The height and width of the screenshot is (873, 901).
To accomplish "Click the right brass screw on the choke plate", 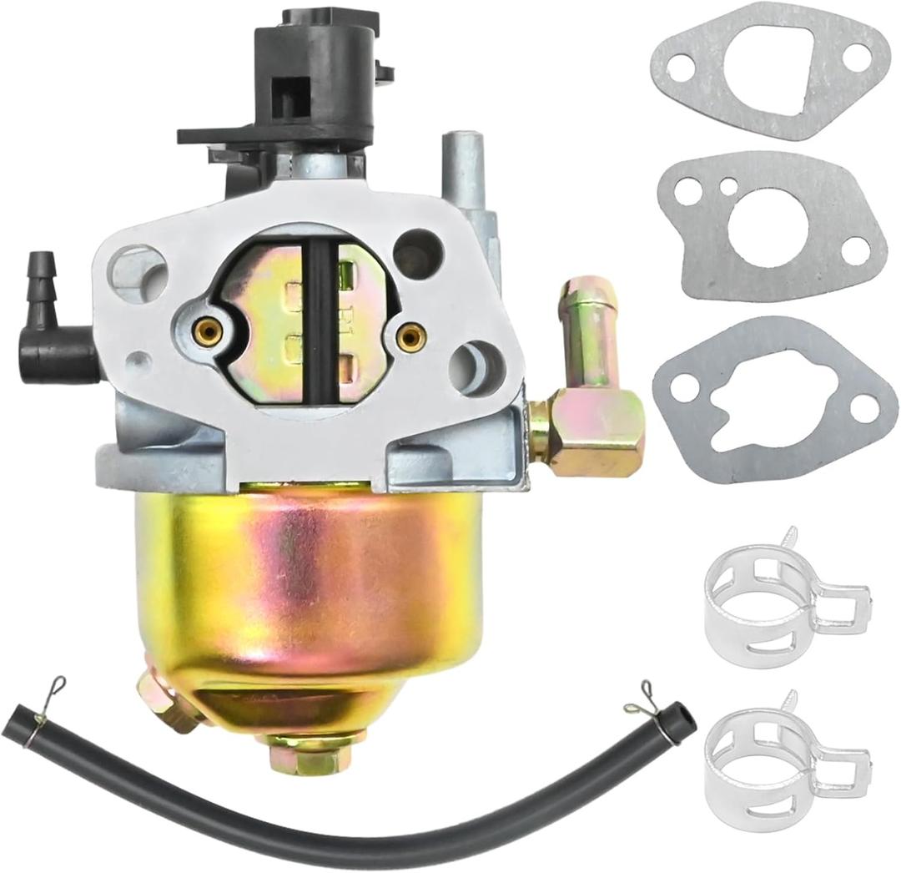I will (x=409, y=336).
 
